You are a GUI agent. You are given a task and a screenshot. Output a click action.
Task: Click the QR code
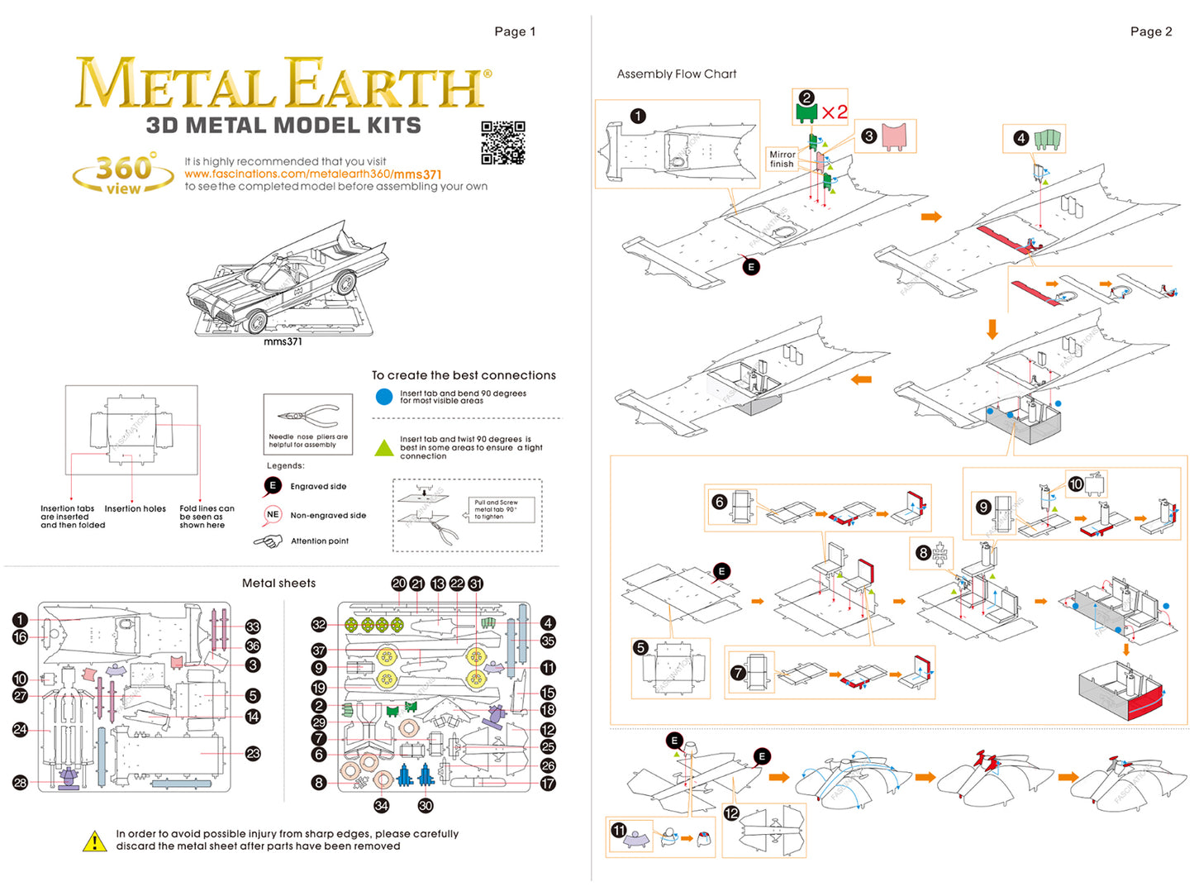[502, 142]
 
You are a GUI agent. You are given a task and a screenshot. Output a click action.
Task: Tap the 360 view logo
[124, 173]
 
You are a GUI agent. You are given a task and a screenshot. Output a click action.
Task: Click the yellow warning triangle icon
[95, 841]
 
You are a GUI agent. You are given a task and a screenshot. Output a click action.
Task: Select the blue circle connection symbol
[384, 397]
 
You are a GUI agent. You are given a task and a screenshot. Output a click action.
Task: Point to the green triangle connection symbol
[384, 448]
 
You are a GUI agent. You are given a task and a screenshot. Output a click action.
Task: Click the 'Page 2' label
[1150, 31]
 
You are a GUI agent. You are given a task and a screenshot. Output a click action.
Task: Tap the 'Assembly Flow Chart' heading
[676, 74]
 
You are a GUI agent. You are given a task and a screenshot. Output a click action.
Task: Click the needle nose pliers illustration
[307, 415]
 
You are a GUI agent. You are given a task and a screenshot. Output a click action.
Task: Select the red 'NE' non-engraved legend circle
[273, 514]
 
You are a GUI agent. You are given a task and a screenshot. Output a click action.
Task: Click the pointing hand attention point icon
[268, 541]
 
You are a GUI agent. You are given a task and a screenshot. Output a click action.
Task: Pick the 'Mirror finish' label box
[782, 159]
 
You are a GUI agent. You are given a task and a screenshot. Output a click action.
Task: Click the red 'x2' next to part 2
[835, 112]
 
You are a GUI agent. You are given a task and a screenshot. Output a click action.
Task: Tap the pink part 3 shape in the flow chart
[894, 135]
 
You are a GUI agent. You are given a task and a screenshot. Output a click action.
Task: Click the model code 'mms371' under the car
[283, 341]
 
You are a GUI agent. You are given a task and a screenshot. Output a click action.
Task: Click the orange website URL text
[312, 174]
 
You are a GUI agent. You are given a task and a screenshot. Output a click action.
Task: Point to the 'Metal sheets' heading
[278, 583]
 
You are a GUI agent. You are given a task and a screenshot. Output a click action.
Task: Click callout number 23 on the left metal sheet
[253, 753]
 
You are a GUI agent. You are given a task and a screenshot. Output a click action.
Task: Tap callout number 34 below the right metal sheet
[381, 805]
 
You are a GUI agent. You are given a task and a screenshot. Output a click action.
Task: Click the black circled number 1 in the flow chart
[638, 116]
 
